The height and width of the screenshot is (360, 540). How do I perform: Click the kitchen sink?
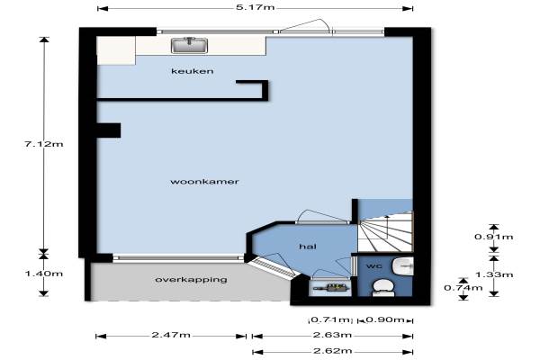(189, 45)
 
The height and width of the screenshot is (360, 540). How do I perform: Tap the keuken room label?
(193, 71)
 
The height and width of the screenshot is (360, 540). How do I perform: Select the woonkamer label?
(204, 182)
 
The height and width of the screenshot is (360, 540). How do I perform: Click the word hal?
(308, 247)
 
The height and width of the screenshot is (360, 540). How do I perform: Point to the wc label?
(373, 266)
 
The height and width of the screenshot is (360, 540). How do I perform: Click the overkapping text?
(191, 279)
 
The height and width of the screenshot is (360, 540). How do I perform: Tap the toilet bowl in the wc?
(383, 288)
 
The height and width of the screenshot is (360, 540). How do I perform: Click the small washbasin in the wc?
(403, 266)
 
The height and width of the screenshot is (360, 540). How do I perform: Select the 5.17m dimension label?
(256, 7)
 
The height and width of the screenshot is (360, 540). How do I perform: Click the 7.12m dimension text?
(44, 144)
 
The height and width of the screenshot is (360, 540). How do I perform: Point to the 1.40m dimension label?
(44, 274)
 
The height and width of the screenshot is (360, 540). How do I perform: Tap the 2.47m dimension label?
(171, 335)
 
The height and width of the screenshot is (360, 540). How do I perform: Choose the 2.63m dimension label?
(332, 335)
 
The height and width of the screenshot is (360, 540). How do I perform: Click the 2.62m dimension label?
(332, 351)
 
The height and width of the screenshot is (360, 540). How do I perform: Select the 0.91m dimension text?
(494, 237)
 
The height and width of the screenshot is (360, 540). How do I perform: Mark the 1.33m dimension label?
(494, 274)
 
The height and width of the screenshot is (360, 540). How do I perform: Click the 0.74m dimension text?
(463, 288)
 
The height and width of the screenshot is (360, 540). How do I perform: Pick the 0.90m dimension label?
(385, 319)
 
